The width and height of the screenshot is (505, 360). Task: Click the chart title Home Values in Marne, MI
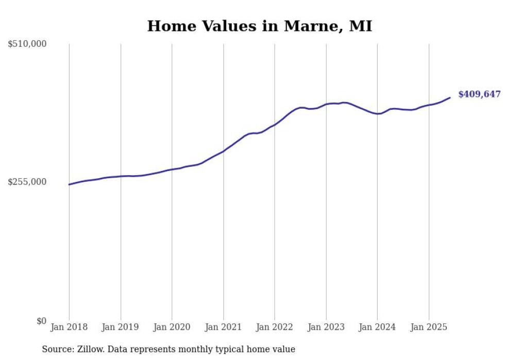pos(259,26)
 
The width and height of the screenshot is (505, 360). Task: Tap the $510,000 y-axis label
pos(27,44)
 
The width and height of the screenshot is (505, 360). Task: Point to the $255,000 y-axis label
pos(27,182)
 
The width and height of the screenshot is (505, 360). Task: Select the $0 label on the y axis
pos(42,321)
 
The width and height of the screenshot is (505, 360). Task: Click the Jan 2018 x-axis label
pos(69,327)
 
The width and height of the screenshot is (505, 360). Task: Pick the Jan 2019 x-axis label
pos(121,327)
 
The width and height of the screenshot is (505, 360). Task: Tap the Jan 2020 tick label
pos(172,327)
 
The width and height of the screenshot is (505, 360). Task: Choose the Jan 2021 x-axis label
pos(223,327)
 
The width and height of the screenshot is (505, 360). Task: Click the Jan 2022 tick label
pos(275,327)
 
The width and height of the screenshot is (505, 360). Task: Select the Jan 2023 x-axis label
pos(326,327)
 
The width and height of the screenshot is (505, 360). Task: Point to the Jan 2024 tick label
pos(377,327)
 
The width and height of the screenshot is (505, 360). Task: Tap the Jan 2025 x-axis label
pos(429,327)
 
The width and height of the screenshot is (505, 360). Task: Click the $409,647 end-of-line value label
pos(479,94)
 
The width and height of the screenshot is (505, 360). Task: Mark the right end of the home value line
pos(450,97)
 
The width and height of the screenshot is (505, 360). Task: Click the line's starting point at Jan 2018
pos(69,184)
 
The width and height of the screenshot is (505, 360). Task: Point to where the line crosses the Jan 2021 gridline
pos(223,151)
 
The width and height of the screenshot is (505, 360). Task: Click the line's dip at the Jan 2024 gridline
pos(377,114)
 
